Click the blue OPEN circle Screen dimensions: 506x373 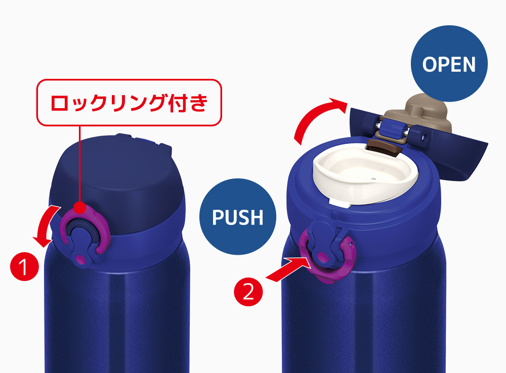coord(449,64)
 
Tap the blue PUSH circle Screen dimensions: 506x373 coord(237,217)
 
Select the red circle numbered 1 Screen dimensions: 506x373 coord(24,267)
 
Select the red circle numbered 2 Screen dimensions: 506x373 coord(248,292)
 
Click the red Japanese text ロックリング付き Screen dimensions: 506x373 coord(129,103)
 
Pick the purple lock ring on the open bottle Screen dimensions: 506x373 coord(350,258)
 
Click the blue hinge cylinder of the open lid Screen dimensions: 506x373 coord(393,129)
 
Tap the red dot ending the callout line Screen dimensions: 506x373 coord(79,208)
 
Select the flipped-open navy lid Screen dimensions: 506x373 coord(419,142)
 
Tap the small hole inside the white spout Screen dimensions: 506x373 coord(374,178)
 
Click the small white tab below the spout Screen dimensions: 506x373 coord(340,203)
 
